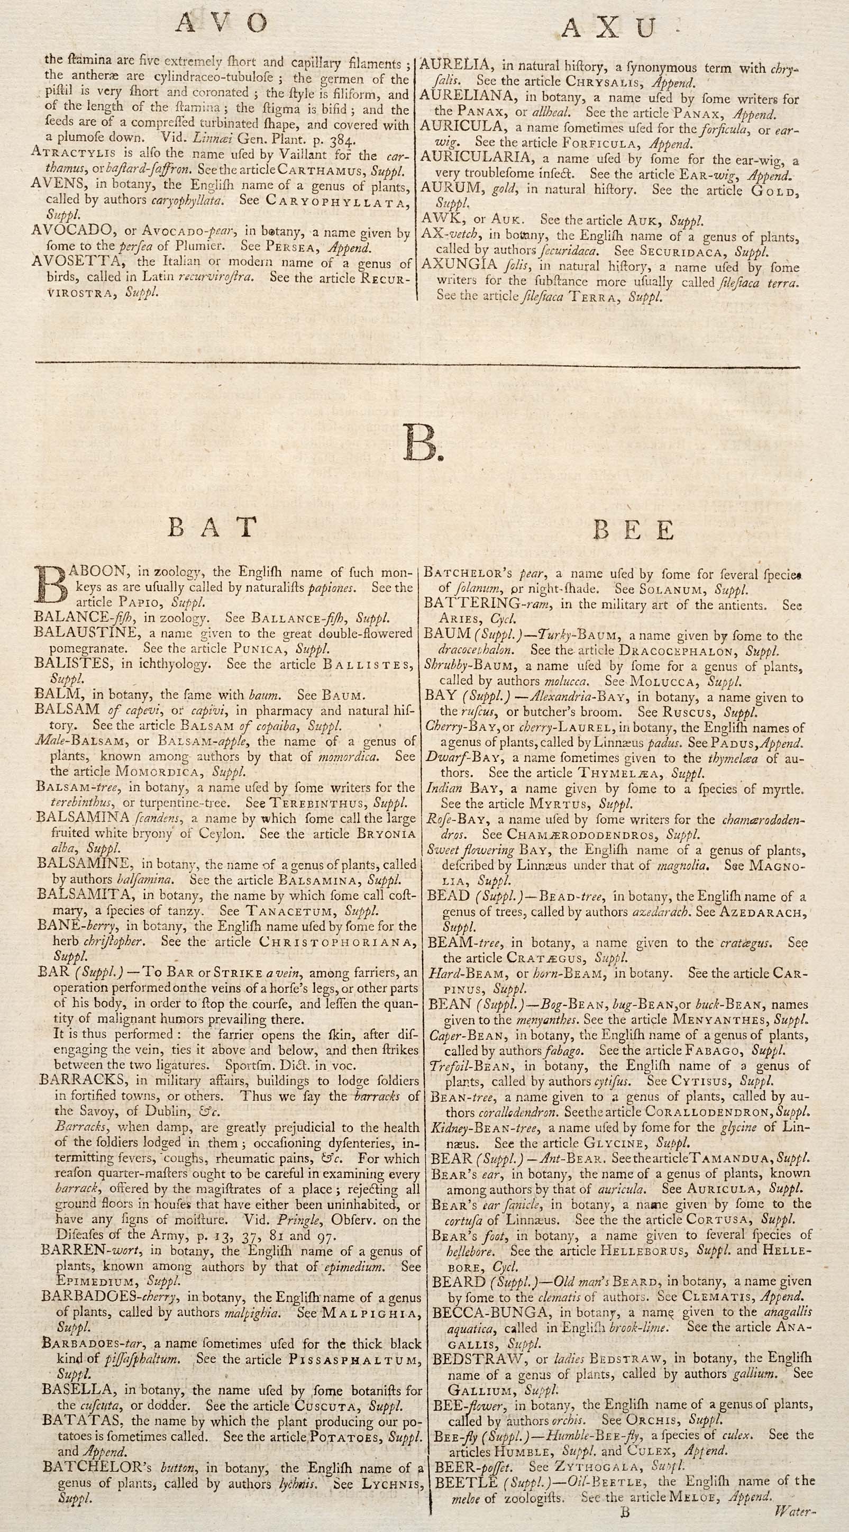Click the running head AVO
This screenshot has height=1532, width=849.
[222, 23]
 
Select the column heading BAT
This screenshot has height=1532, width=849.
[212, 528]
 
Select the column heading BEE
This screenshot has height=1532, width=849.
[633, 529]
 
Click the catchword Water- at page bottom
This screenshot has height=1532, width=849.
[793, 1521]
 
